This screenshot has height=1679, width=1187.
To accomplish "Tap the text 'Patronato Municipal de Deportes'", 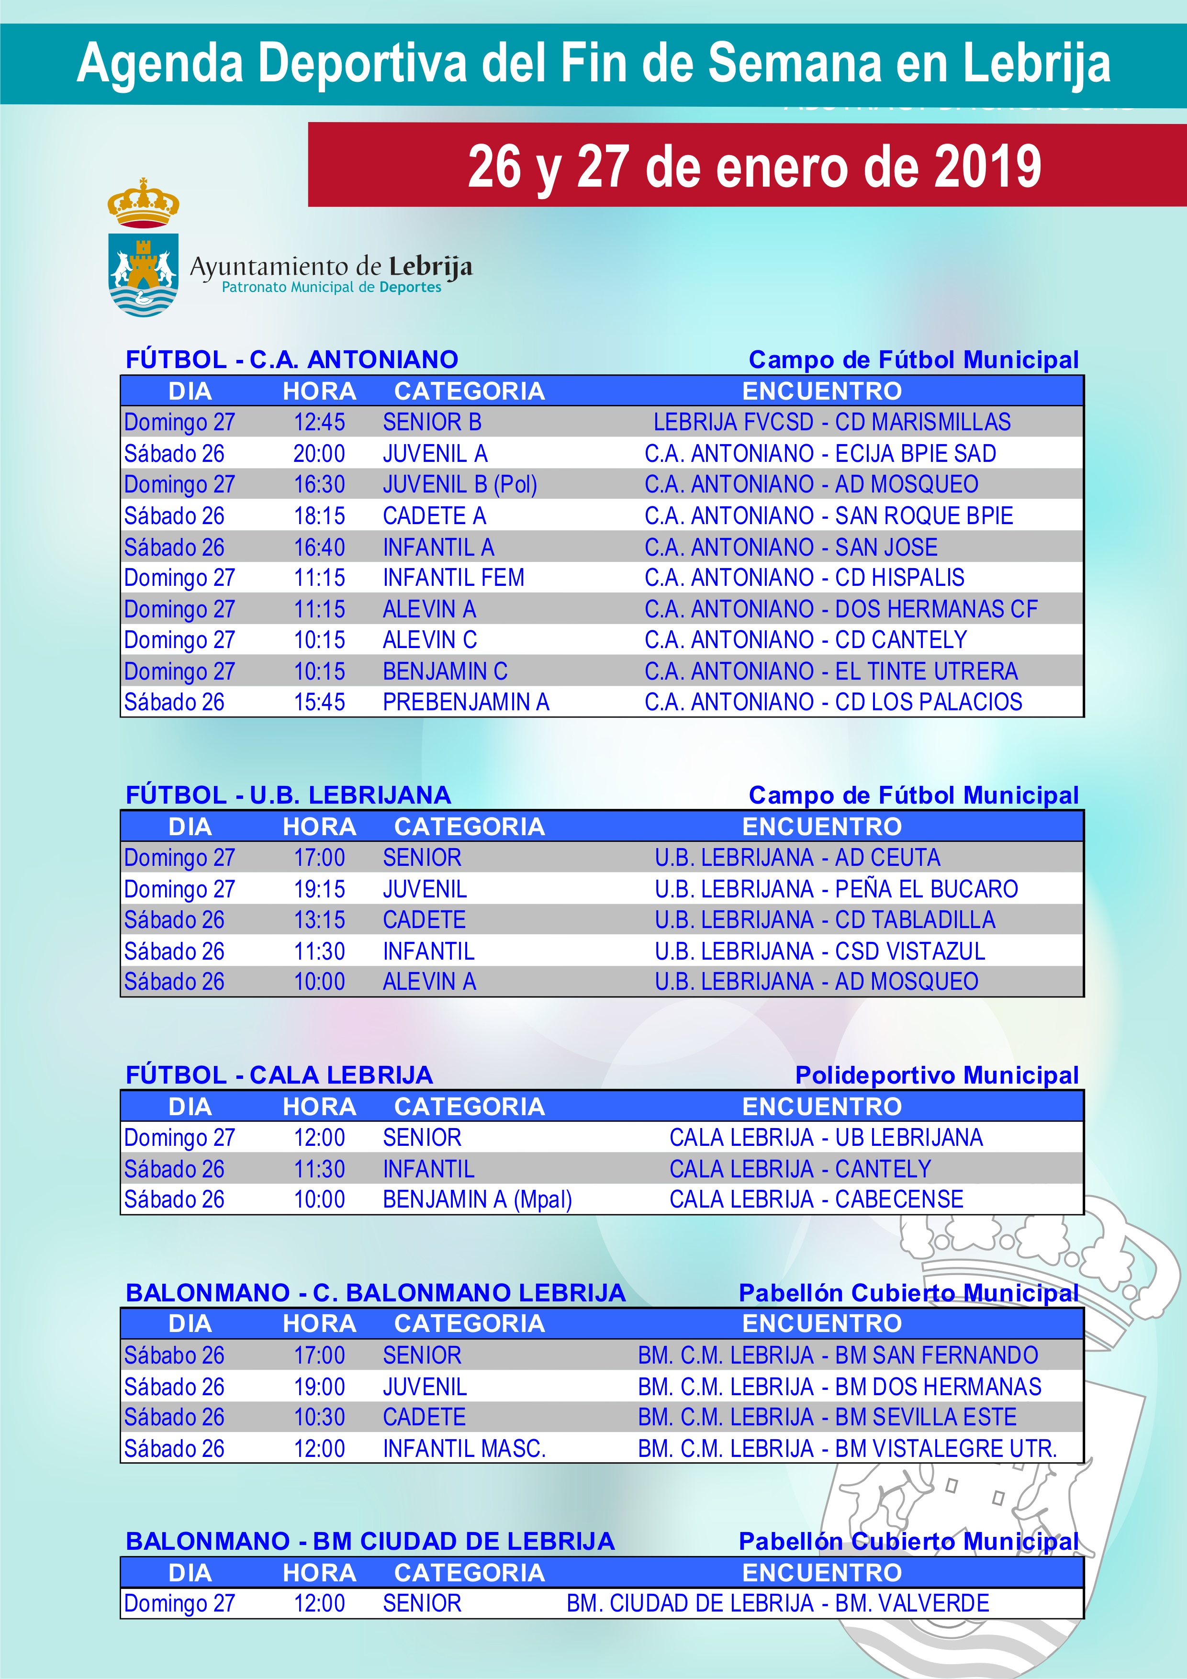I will (x=331, y=287).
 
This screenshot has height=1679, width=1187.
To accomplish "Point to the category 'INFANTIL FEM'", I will (x=453, y=578).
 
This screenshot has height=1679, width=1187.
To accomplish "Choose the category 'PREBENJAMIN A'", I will (x=466, y=702).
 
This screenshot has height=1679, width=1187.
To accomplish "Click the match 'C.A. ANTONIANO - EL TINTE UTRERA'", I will (x=831, y=672).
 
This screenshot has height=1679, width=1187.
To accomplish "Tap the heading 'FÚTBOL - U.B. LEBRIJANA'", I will (x=288, y=795).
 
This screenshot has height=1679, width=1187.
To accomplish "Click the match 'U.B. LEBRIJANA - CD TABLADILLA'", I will (x=825, y=920).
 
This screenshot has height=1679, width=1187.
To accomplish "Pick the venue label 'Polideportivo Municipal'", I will (x=936, y=1075).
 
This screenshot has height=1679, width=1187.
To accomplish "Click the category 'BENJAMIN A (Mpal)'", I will (x=477, y=1199).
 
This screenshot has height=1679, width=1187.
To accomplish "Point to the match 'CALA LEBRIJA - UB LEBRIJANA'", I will (x=826, y=1138).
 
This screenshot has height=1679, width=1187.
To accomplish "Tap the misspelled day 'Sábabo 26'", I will (x=174, y=1355).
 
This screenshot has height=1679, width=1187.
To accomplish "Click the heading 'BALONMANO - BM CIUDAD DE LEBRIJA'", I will (x=370, y=1541).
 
